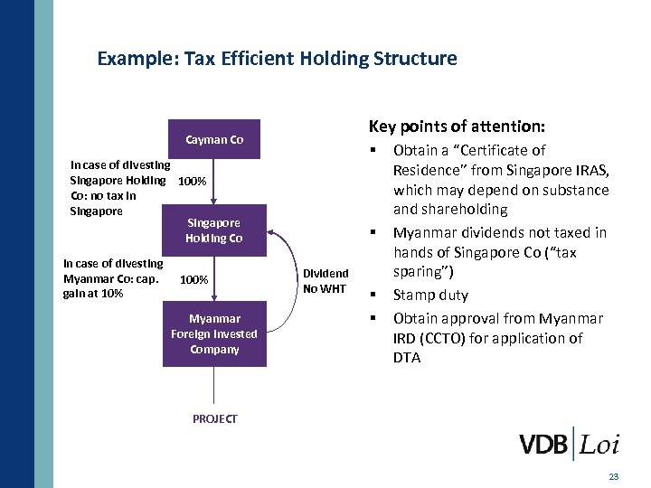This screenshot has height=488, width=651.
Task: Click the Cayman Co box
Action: click(x=214, y=140)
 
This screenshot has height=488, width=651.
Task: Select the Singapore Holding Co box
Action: click(x=214, y=230)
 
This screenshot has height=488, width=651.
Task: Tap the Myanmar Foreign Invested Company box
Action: click(x=214, y=333)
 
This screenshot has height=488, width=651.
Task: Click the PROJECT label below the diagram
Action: click(x=214, y=418)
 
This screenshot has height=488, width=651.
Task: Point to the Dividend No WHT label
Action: click(x=325, y=281)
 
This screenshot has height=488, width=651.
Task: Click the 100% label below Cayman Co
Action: click(x=193, y=182)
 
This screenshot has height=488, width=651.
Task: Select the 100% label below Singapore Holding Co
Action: click(x=194, y=280)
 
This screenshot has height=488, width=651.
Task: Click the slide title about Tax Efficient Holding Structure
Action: click(x=277, y=59)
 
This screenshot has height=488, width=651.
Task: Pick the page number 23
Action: click(x=614, y=476)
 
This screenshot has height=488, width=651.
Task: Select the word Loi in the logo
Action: click(x=599, y=444)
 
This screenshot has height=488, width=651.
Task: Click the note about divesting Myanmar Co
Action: click(x=112, y=278)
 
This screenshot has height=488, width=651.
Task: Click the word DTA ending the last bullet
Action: click(x=408, y=358)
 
